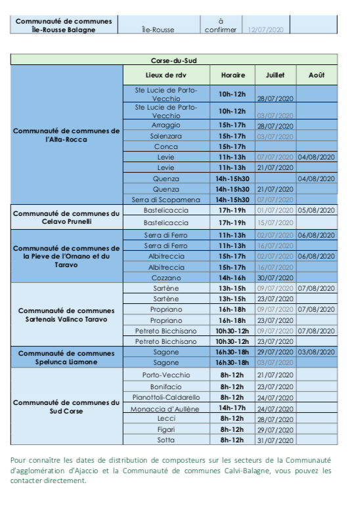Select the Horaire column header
pyautogui.click(x=233, y=75)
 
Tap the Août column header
pyautogui.click(x=316, y=75)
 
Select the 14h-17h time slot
pyautogui.click(x=233, y=408)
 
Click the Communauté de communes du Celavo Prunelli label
pyautogui.click(x=66, y=217)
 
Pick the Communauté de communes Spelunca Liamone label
pyautogui.click(x=66, y=357)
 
